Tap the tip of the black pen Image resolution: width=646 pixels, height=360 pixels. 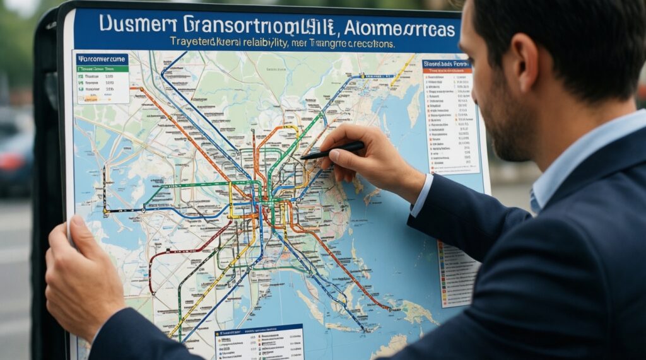pyautogui.click(x=303, y=157)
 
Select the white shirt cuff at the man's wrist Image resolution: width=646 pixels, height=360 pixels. pyautogui.click(x=421, y=195)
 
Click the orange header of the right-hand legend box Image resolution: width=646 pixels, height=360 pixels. pyautogui.click(x=446, y=64)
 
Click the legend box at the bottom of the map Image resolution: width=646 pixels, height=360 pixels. pyautogui.click(x=259, y=343)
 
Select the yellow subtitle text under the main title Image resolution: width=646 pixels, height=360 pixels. pyautogui.click(x=282, y=44)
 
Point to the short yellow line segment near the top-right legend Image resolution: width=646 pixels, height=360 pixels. pyautogui.click(x=403, y=69)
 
